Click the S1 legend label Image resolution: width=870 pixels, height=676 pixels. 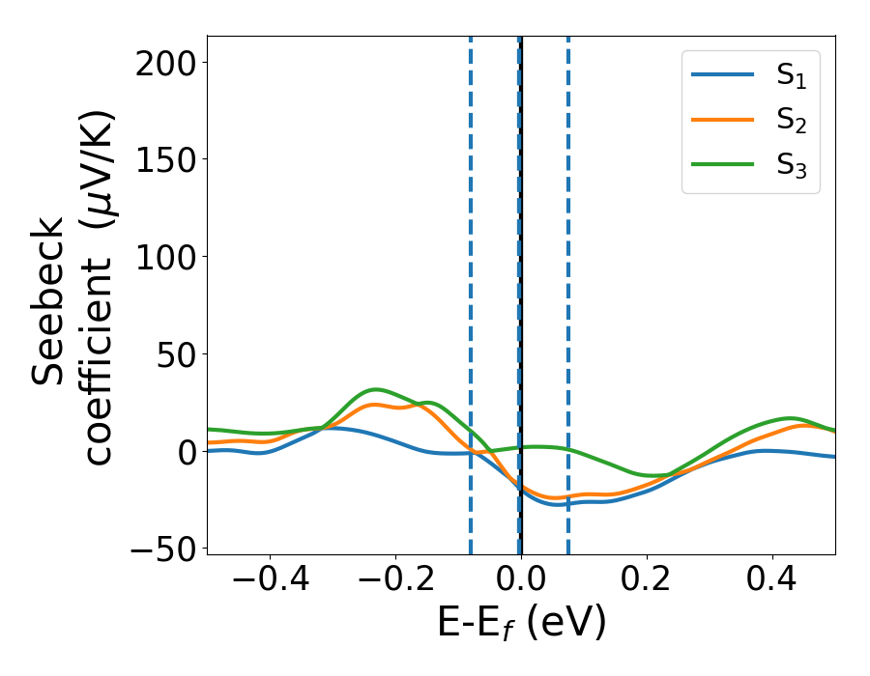coord(791,78)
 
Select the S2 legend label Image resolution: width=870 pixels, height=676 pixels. coord(791,123)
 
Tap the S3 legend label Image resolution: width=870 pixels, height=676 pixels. coord(791,167)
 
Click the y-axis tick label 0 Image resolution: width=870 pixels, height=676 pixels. coord(186,452)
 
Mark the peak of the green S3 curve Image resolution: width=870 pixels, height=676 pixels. coord(376,389)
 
